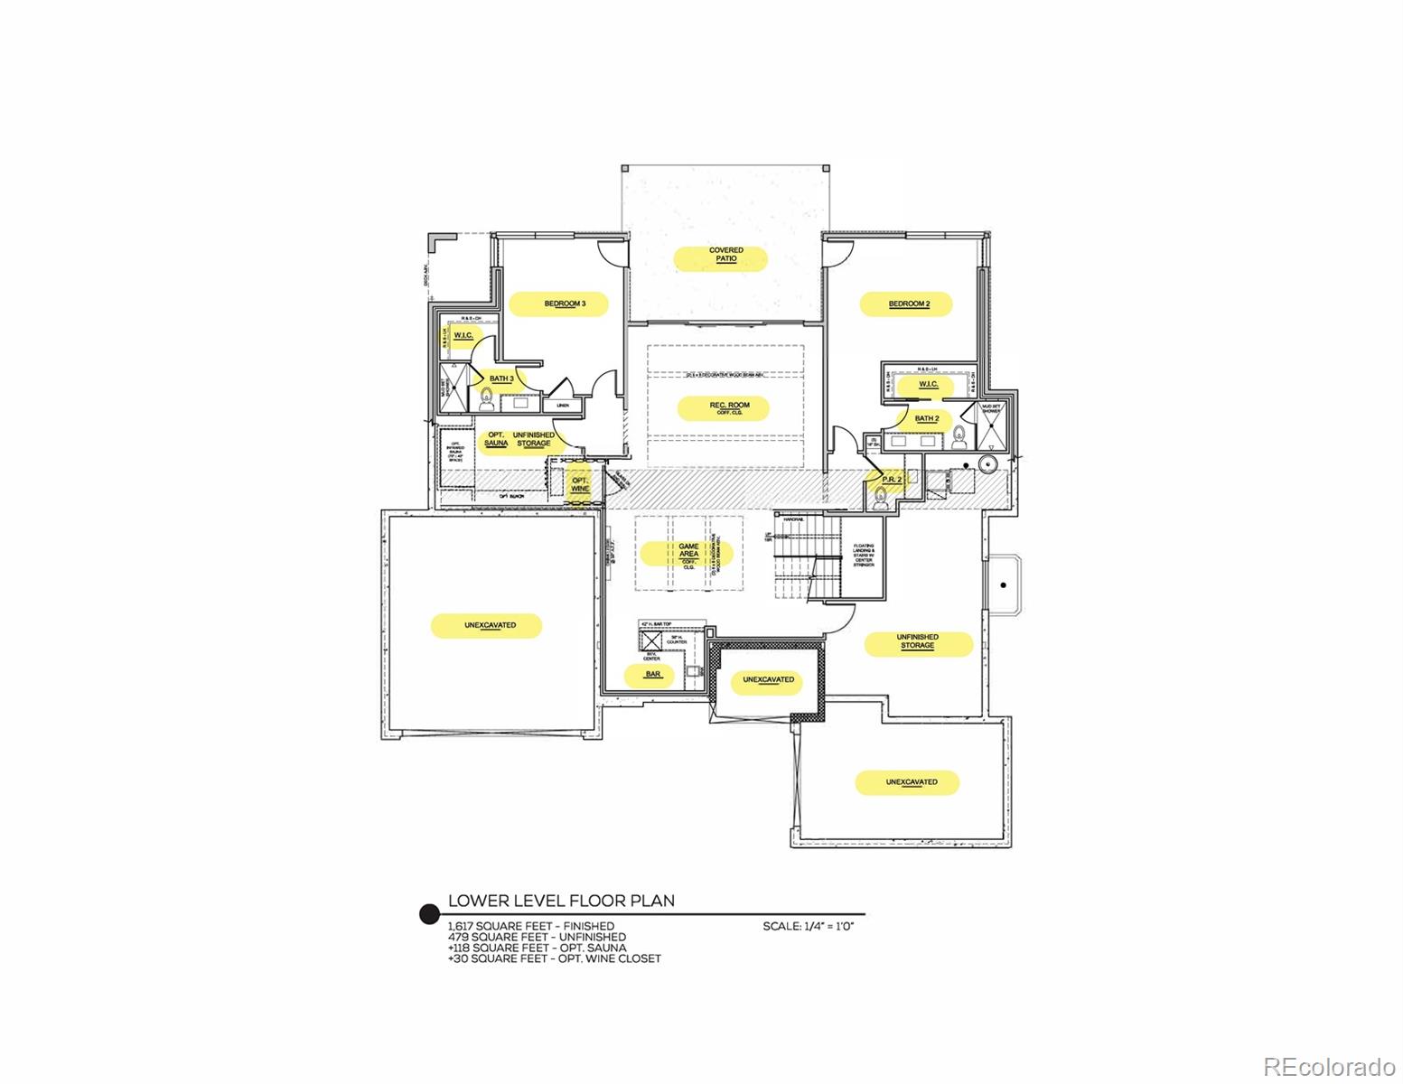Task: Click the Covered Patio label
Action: [x=725, y=255]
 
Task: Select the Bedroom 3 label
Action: [x=565, y=304]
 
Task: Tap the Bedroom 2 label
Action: [x=908, y=304]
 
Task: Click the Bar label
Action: [x=652, y=674]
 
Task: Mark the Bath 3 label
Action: [x=501, y=378]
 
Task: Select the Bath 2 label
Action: [x=926, y=418]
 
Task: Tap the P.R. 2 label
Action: [x=892, y=479]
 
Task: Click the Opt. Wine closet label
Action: [x=580, y=484]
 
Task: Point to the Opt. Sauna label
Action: [x=496, y=439]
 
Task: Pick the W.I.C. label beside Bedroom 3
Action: [x=463, y=336]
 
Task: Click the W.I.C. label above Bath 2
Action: [x=929, y=385]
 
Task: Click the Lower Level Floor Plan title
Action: [x=561, y=901]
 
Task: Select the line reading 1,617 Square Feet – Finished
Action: [x=531, y=926]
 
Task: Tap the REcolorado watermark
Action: [x=1328, y=1066]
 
